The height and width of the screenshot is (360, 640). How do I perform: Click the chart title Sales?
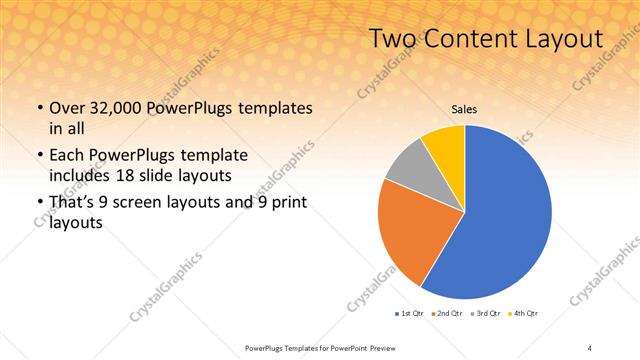pyautogui.click(x=464, y=109)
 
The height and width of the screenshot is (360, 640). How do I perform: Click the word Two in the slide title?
pyautogui.click(x=391, y=39)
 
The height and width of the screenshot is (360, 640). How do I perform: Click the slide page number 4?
pyautogui.click(x=590, y=347)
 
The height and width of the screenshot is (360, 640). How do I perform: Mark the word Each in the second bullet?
pyautogui.click(x=68, y=156)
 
